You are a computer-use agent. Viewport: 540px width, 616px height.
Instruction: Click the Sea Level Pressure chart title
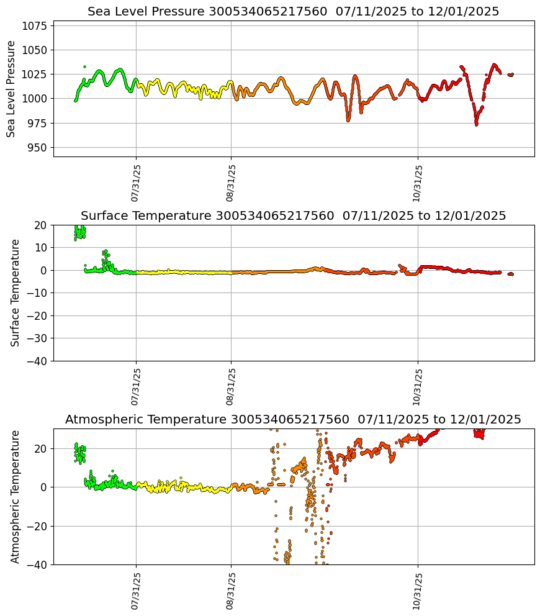click(x=293, y=12)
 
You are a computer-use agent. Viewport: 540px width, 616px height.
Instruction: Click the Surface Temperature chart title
click(x=293, y=216)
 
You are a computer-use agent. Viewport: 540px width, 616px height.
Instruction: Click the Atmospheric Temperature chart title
click(x=293, y=420)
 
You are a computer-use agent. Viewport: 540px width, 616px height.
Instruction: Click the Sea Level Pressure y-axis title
click(x=11, y=89)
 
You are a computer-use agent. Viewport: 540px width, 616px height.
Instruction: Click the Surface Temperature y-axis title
click(x=16, y=292)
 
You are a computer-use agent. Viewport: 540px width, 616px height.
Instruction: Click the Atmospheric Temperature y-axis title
click(x=16, y=496)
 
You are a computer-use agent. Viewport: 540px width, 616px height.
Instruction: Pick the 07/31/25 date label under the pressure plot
click(x=136, y=183)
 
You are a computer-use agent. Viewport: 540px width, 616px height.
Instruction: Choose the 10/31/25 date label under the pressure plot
click(x=417, y=183)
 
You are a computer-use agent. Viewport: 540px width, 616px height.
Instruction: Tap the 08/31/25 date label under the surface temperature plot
click(x=231, y=386)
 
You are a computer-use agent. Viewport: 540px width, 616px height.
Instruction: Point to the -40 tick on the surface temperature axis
click(x=36, y=361)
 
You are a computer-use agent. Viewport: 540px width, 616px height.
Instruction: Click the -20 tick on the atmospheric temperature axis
click(x=36, y=526)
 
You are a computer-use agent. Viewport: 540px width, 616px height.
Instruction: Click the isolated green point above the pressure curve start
click(x=84, y=66)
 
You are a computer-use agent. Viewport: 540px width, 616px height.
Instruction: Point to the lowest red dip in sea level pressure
click(x=476, y=124)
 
